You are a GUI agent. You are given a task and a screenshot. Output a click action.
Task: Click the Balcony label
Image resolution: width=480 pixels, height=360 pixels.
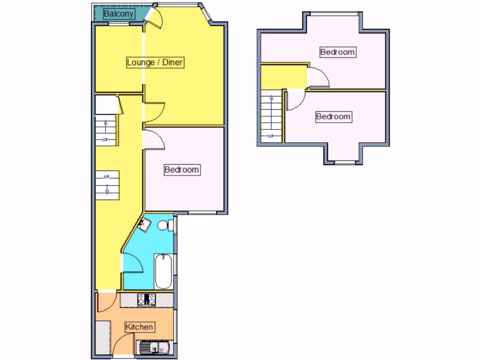point(119,14)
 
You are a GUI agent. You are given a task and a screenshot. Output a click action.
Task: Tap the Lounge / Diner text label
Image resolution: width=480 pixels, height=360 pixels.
point(155,62)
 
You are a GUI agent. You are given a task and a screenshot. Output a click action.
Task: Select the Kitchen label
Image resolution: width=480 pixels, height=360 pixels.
point(140,327)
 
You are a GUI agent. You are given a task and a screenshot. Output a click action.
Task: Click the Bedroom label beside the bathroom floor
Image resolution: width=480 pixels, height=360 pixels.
point(182,170)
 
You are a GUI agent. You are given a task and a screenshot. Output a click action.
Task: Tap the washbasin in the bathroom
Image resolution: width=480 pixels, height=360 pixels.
point(145,225)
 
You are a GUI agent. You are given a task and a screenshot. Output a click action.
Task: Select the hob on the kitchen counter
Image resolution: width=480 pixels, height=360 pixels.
point(147,299)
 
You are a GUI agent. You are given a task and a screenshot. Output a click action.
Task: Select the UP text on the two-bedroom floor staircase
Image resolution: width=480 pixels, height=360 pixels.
point(270,136)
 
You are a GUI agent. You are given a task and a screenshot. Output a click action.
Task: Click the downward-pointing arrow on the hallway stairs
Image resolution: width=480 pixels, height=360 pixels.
point(107,189)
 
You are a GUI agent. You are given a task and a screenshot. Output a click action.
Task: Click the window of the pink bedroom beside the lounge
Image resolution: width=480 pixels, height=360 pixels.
point(203,213)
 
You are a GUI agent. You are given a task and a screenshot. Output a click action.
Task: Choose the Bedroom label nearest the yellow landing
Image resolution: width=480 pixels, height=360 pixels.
point(337,52)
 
